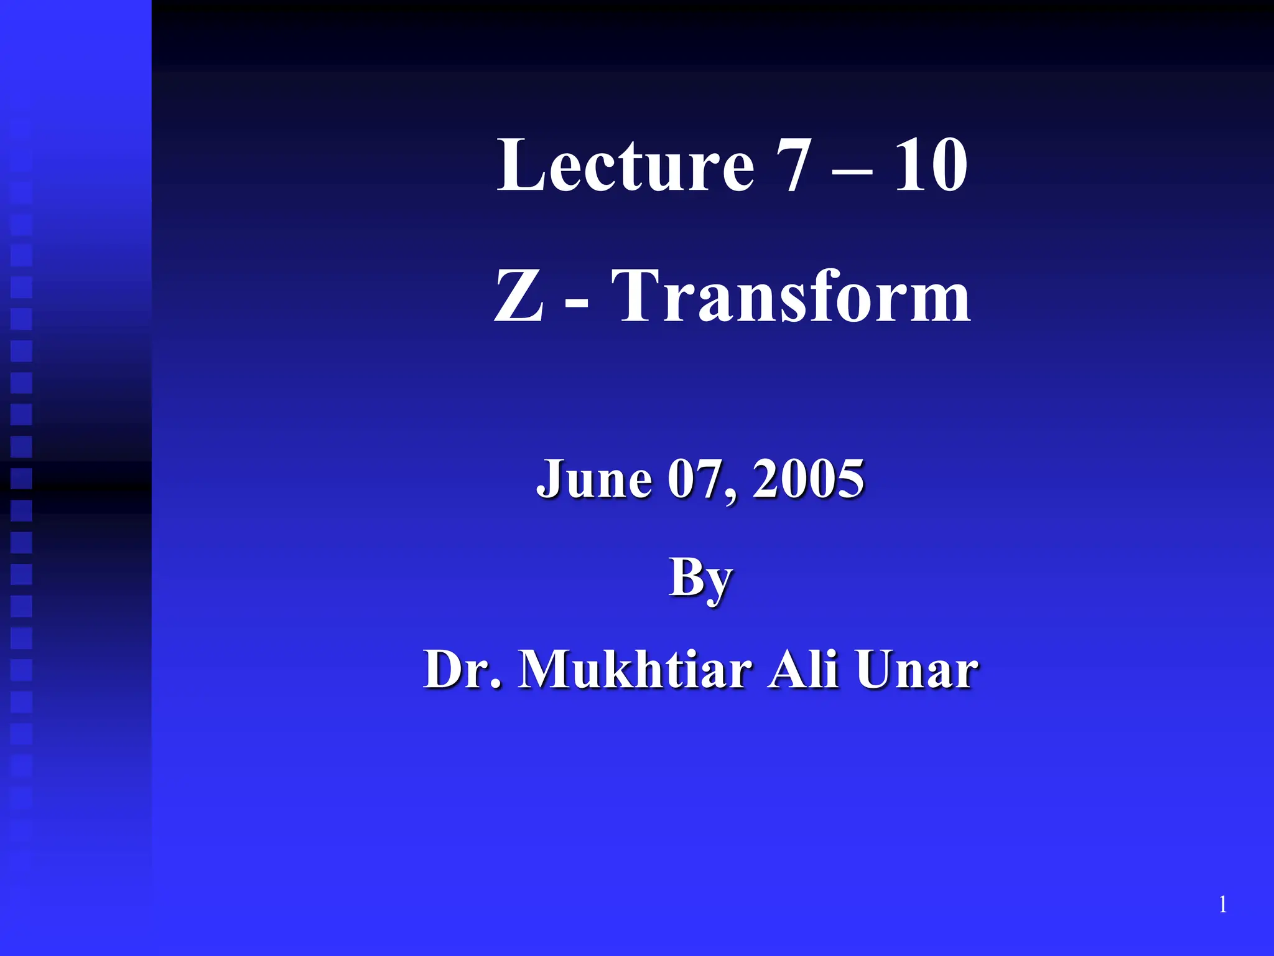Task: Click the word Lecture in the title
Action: click(625, 165)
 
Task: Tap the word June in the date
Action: click(594, 479)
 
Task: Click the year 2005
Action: click(808, 479)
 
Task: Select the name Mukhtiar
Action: click(635, 670)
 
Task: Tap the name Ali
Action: click(803, 670)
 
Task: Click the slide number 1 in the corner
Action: click(1222, 904)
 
